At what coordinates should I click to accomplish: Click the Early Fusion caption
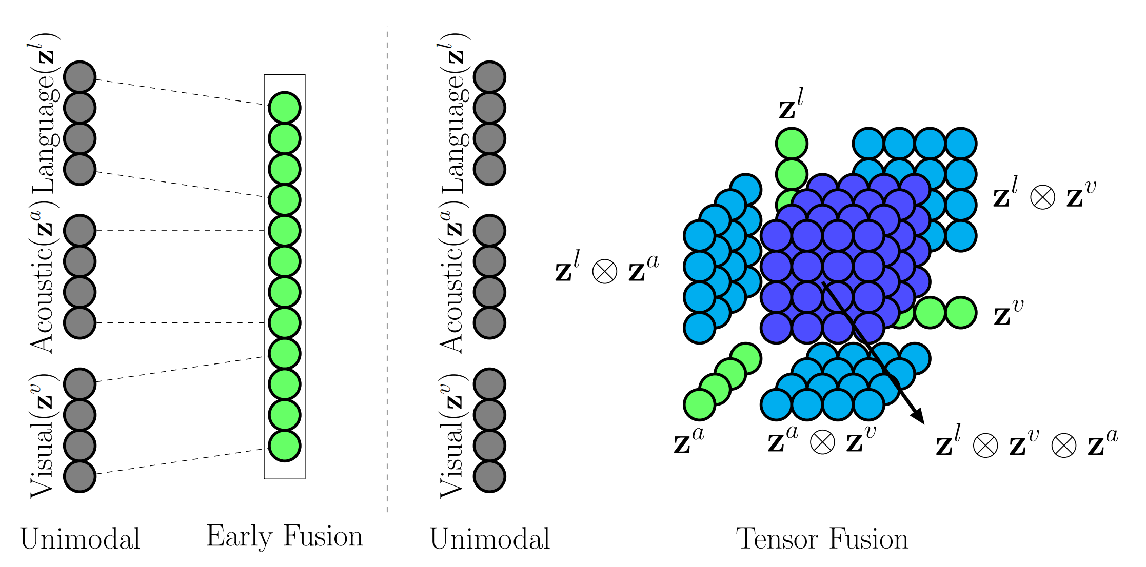(284, 537)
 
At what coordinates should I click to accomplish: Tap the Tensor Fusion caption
(822, 539)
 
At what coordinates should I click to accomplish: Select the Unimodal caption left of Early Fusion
(80, 539)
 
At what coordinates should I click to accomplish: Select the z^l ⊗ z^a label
(607, 269)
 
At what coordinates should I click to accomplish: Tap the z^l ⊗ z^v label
(1044, 195)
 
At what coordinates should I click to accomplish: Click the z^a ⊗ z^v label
(821, 440)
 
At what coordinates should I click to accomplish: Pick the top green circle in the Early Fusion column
(284, 108)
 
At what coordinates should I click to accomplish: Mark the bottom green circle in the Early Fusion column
(284, 446)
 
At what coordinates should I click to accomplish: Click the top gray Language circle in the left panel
(80, 77)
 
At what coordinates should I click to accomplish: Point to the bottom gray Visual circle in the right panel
(489, 476)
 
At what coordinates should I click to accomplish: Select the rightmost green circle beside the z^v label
(960, 313)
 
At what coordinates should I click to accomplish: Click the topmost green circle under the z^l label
(792, 143)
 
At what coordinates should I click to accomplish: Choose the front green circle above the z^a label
(699, 404)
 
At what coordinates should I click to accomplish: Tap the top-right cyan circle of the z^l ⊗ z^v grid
(960, 143)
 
